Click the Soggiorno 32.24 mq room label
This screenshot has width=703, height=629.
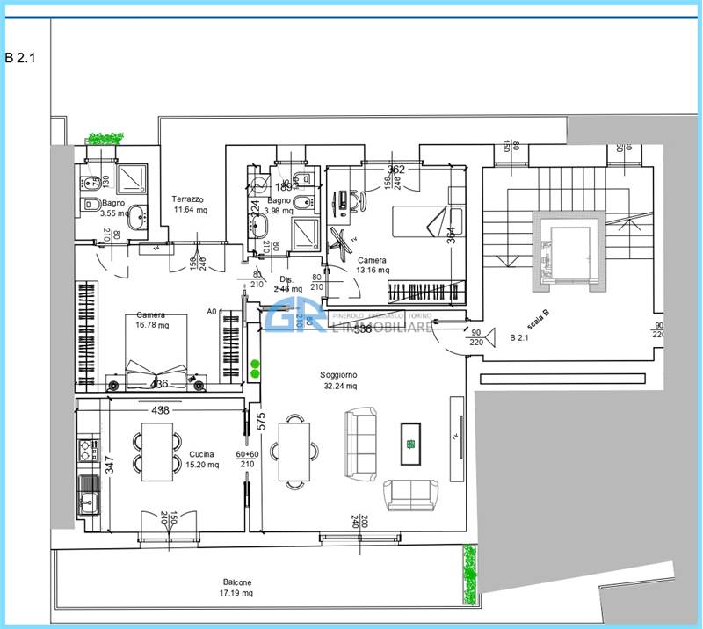tap(338, 380)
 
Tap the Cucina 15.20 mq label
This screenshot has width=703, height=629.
tap(203, 459)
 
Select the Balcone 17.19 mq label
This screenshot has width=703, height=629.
tap(237, 588)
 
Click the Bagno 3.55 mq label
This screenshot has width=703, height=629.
tap(113, 207)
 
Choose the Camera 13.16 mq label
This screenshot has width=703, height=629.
tap(372, 265)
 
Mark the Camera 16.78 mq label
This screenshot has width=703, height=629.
tap(151, 320)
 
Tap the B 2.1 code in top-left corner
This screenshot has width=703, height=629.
tap(22, 58)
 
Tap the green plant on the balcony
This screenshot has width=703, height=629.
tap(469, 575)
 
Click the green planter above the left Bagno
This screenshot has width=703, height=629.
tap(105, 139)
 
